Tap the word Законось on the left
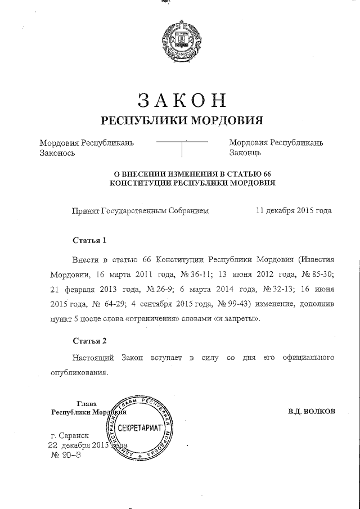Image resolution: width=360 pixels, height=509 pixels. tap(57, 152)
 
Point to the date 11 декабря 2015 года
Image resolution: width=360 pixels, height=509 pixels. tap(293, 211)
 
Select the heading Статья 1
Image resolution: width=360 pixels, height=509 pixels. tap(89, 240)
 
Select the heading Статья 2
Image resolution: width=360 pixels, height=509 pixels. tap(89, 340)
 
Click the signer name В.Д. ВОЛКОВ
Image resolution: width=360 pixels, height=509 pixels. tap(311, 411)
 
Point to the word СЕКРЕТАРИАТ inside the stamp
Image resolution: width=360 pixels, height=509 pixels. tap(144, 428)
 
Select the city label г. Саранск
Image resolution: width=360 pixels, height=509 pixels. tap(69, 436)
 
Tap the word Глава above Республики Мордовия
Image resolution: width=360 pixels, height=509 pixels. tap(86, 403)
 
